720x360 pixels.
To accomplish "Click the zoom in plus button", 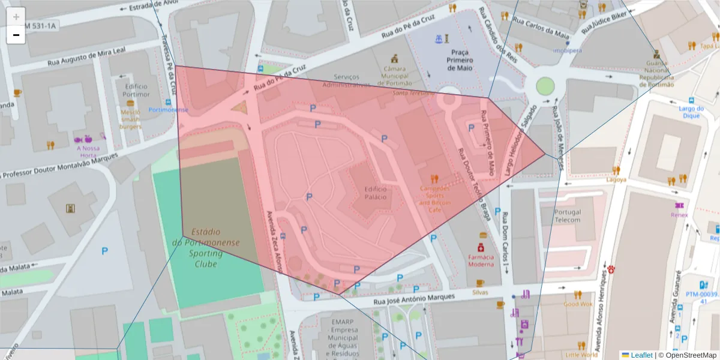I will coord(16,17).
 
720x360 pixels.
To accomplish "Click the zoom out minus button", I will coord(16,35).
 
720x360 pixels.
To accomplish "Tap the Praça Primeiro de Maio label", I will coord(460,60).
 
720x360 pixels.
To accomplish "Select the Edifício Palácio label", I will coord(376,193).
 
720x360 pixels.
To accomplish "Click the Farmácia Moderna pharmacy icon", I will coord(481,247).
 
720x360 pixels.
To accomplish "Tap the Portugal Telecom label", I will coord(568,216).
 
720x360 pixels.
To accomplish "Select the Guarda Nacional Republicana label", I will coord(656,73).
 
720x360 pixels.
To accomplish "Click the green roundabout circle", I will coord(545,86).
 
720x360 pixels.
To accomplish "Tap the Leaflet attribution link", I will coord(641,355).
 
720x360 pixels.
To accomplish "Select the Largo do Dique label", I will coord(691,112).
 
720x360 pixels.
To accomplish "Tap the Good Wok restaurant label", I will coord(578,304).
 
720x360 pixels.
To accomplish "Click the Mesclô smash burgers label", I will coord(130,119).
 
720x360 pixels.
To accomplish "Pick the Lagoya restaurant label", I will coord(616,179).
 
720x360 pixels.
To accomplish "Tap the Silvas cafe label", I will coord(480,292).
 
